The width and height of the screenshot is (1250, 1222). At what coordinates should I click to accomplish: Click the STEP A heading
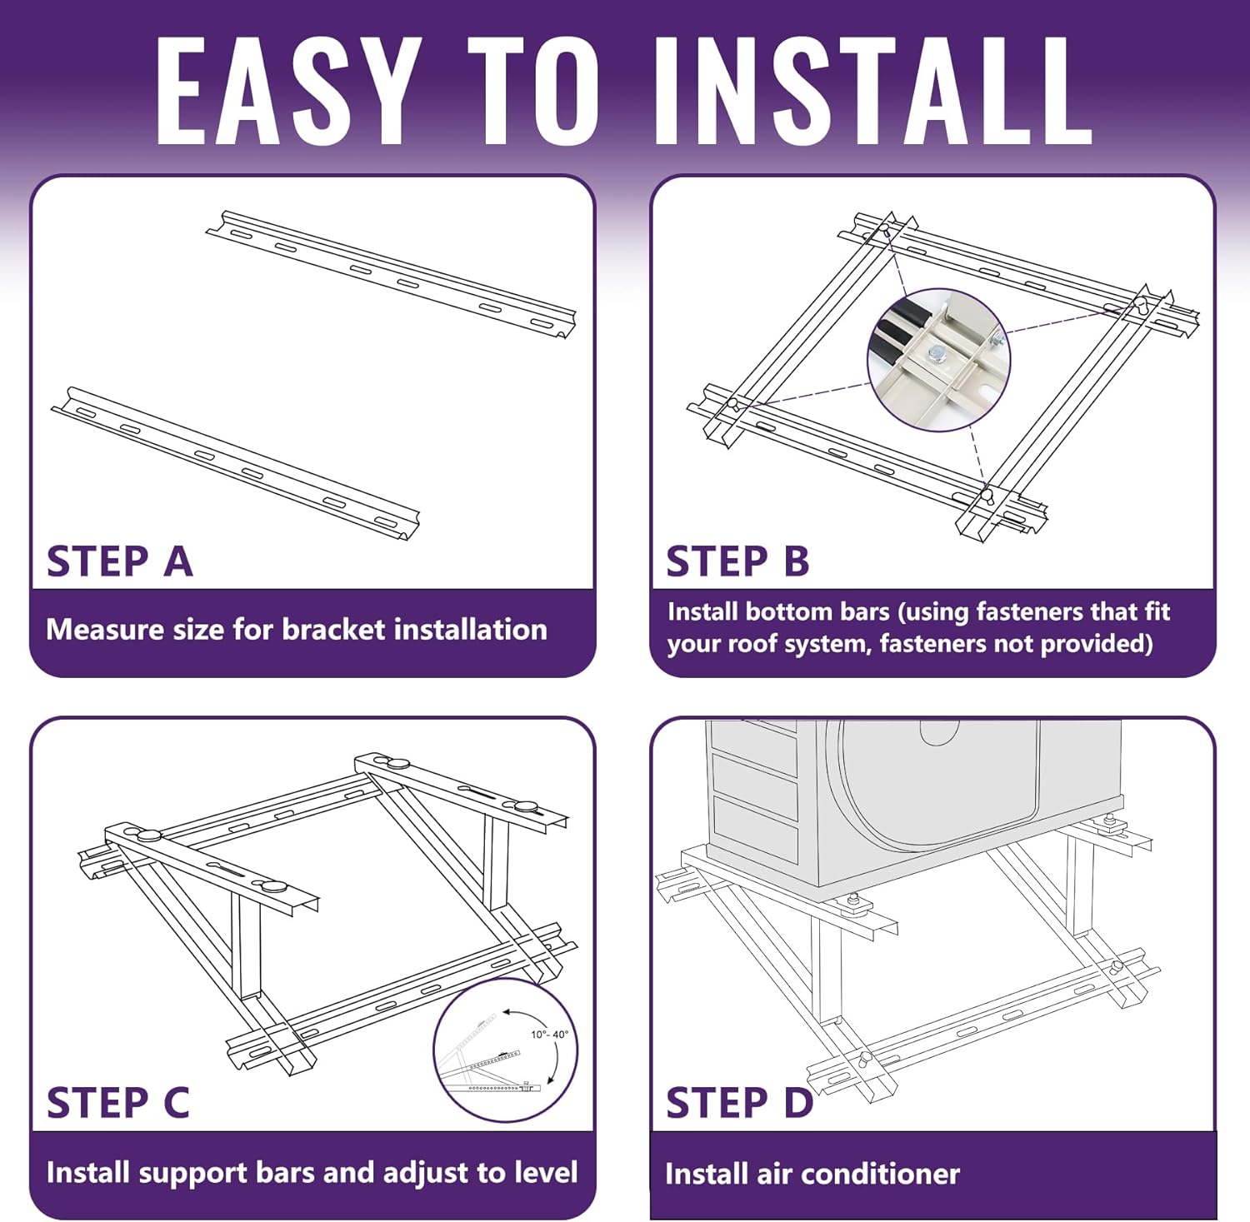coord(120,561)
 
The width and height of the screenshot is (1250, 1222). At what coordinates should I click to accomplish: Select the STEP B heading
coord(737,561)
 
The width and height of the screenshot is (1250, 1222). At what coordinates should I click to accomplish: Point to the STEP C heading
coord(118,1103)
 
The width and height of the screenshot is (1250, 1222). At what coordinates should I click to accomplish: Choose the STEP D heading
coord(739,1103)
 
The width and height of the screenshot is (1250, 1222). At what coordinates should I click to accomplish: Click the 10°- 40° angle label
coord(549,1035)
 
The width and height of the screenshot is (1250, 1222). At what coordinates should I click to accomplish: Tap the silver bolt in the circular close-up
coord(937,354)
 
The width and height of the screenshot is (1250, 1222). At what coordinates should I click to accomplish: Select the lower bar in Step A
coord(235,462)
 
